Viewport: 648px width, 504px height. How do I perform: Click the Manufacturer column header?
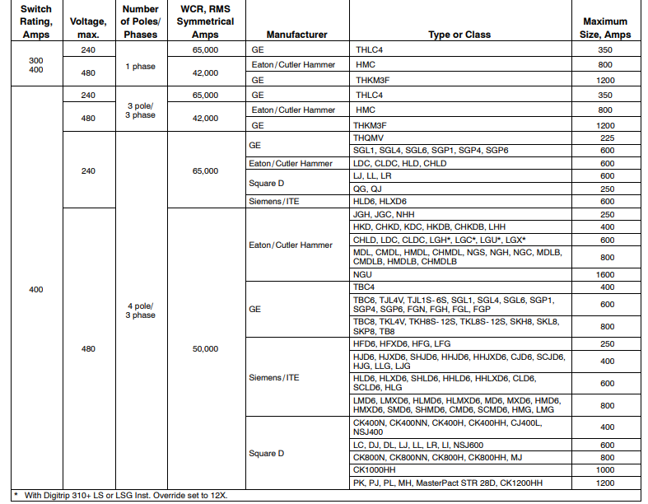296,35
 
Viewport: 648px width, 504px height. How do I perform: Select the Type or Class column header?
459,35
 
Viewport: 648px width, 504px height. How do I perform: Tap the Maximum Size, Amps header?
605,28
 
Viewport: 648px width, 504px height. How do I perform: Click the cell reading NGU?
363,273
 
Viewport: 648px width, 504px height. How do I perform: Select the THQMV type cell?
370,138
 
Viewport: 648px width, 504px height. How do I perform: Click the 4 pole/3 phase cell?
142,310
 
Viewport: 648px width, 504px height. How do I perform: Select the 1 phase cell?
142,67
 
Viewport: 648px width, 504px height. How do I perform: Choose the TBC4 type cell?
365,287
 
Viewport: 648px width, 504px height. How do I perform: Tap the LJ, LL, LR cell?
372,176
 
